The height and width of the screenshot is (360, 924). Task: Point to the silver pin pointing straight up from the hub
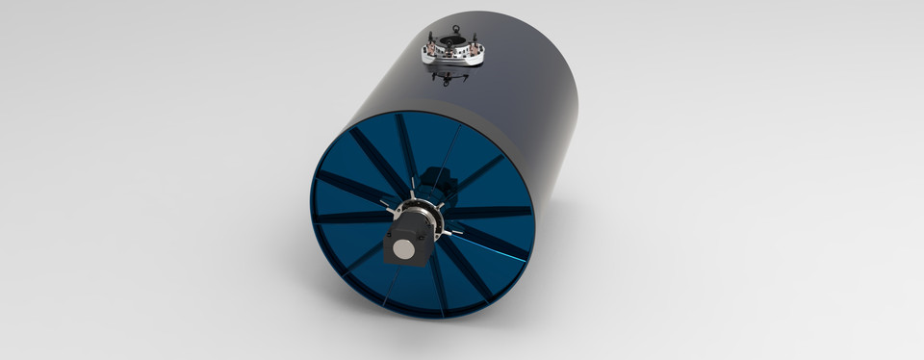[x=411, y=193]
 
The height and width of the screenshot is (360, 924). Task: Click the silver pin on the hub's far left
[x=384, y=204]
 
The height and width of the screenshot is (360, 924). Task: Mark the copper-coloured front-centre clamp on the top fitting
[x=452, y=59]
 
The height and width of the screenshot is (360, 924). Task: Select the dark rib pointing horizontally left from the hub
[x=346, y=216]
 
